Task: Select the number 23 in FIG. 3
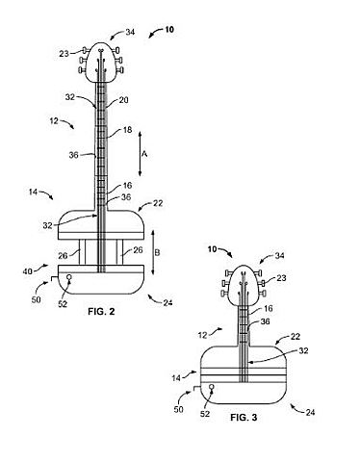283,278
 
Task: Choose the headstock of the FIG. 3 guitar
246,276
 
